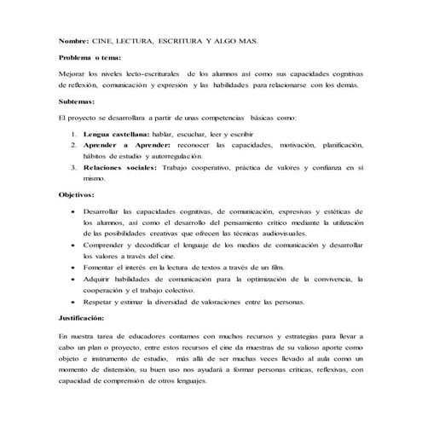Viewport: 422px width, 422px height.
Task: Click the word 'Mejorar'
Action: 73,76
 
